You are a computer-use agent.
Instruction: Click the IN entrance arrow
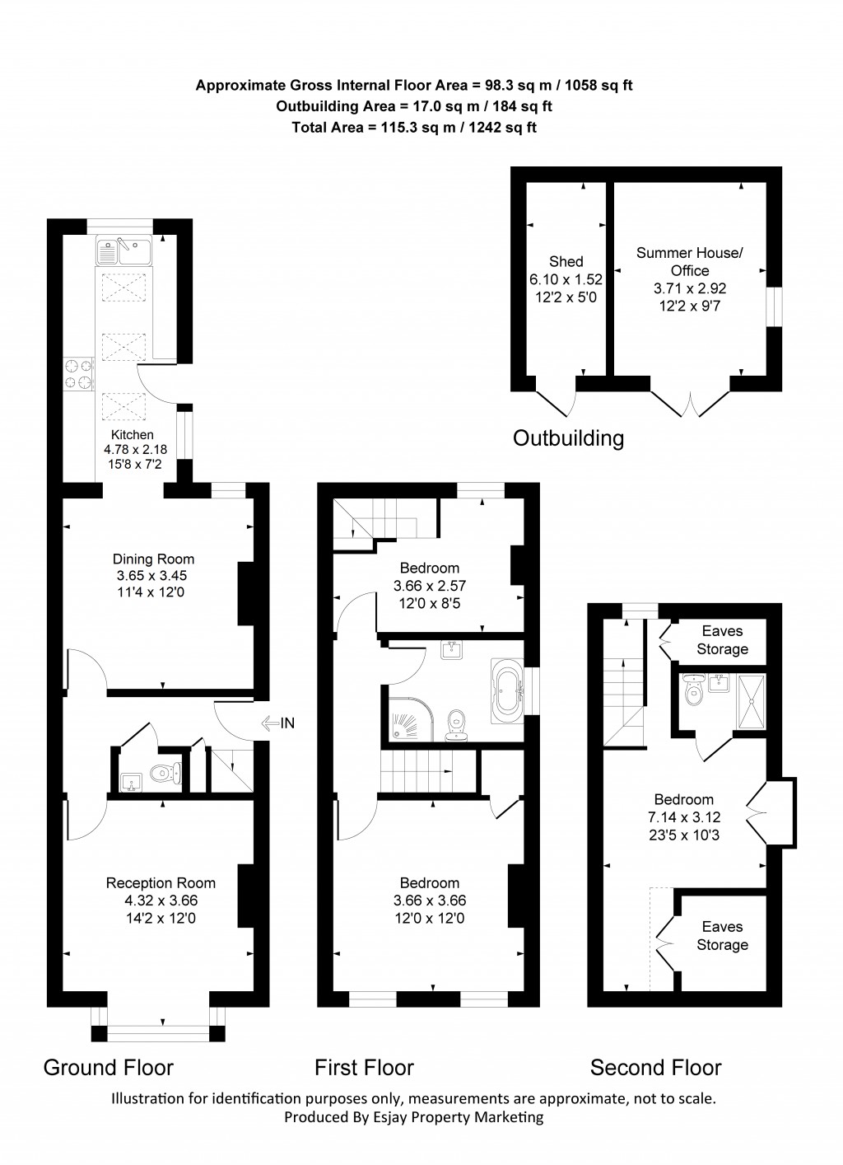click(x=278, y=723)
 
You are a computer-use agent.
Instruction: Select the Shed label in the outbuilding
click(x=566, y=261)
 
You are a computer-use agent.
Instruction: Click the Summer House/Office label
click(x=689, y=261)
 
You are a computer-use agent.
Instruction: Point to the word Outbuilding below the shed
click(x=568, y=437)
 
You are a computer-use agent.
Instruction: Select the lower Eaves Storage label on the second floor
click(x=722, y=936)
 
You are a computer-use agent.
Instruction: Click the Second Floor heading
click(x=655, y=1068)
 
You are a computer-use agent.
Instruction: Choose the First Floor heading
click(x=364, y=1068)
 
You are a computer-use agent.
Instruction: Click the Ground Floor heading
click(x=108, y=1068)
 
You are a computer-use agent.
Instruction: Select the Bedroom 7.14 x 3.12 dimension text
click(x=683, y=816)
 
